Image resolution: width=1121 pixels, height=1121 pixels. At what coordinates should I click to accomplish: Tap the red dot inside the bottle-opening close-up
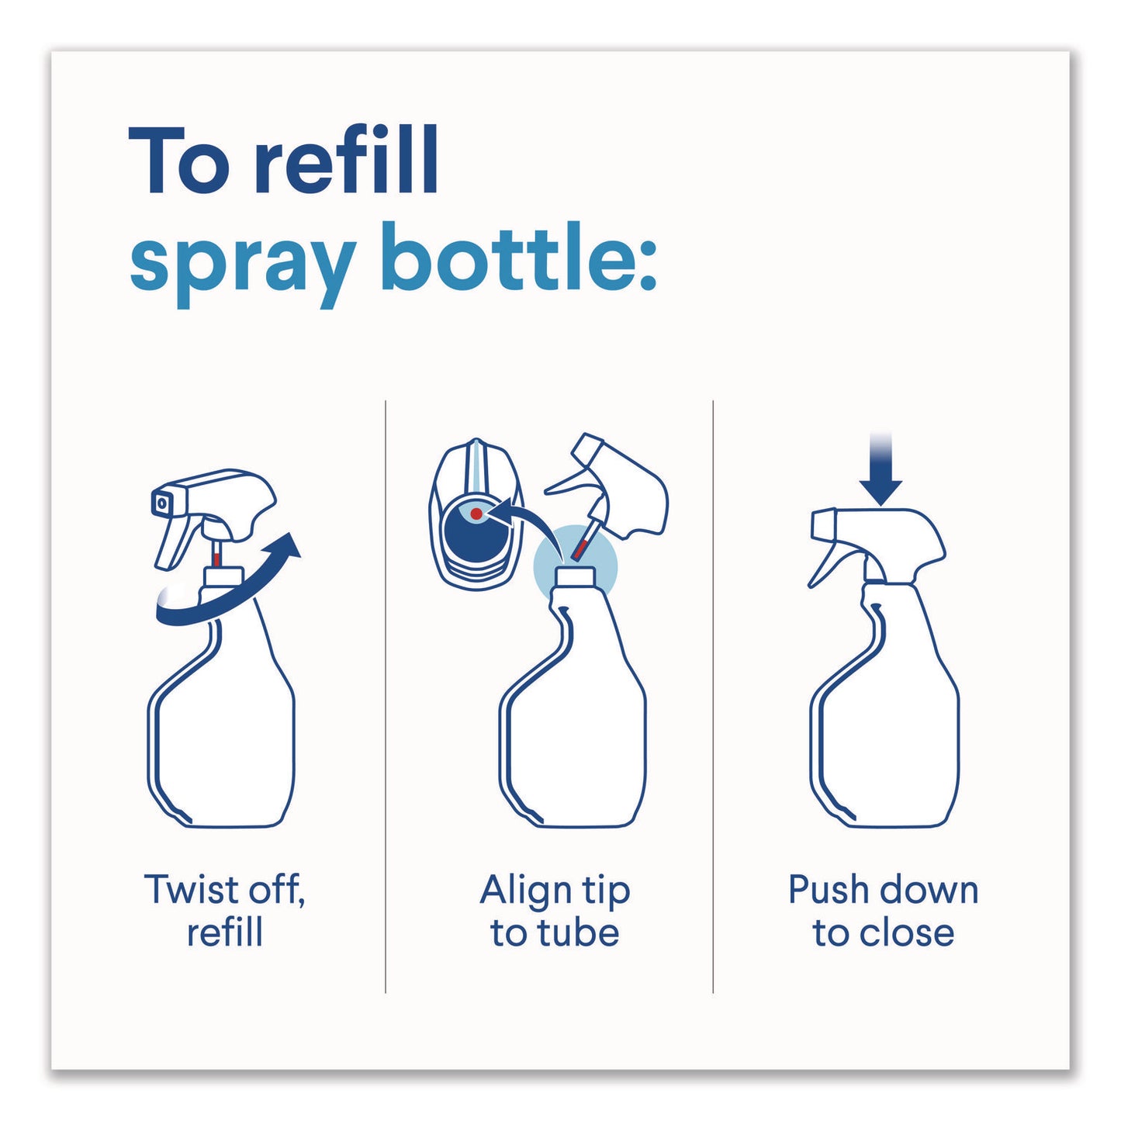click(x=476, y=513)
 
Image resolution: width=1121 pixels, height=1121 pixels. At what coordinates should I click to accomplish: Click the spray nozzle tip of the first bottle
click(x=161, y=501)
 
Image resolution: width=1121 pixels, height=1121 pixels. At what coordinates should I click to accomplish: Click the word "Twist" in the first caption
click(x=191, y=890)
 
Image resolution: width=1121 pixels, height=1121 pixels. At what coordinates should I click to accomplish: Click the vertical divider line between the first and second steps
click(x=385, y=697)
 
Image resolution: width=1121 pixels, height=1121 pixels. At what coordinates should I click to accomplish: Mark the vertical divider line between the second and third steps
click(x=713, y=697)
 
